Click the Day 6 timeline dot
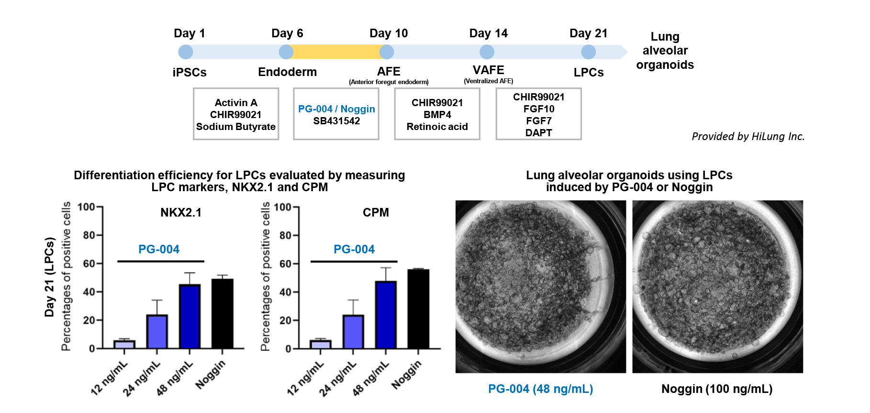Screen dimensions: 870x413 [x=286, y=52]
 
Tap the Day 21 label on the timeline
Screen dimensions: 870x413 [x=588, y=33]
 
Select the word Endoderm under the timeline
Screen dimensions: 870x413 [x=287, y=72]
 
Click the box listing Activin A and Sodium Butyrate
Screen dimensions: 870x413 [x=236, y=114]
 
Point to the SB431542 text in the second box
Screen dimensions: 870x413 [x=336, y=121]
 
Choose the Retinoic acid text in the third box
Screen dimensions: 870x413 [x=437, y=127]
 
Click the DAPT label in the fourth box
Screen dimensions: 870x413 [x=538, y=132]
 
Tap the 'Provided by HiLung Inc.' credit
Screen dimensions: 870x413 [x=748, y=136]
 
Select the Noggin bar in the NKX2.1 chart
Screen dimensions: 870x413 [x=223, y=314]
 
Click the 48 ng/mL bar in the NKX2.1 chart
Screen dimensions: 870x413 [x=190, y=316]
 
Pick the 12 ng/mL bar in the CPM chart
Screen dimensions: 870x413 [x=320, y=344]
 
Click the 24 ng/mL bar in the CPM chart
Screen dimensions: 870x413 [x=353, y=332]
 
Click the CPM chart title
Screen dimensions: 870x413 [x=376, y=212]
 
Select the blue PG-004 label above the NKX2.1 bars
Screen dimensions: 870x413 [x=159, y=249]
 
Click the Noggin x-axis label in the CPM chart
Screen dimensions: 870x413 [x=407, y=374]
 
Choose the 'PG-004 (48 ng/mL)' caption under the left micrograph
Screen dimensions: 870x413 [x=540, y=389]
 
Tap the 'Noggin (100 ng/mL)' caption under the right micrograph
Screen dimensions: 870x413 [x=717, y=389]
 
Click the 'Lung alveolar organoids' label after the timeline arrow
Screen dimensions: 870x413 [x=665, y=51]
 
